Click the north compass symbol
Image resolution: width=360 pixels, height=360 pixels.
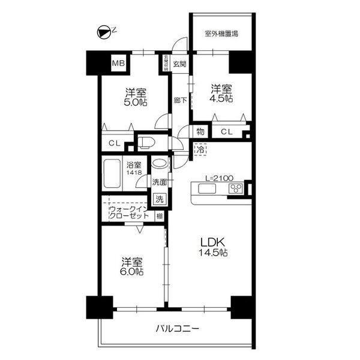[x=104, y=33]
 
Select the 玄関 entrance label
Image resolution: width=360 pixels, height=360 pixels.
[x=179, y=64]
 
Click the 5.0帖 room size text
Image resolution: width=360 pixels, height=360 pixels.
[x=136, y=102]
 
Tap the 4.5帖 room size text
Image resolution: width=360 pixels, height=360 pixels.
[x=221, y=97]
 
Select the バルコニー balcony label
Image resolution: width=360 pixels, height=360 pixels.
[x=177, y=329]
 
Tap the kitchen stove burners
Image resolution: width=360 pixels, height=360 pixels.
[x=236, y=190]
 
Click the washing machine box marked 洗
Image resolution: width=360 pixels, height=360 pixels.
[x=159, y=199]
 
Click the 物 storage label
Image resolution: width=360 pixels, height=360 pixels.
[x=200, y=131]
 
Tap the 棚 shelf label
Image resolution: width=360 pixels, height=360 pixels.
[x=159, y=217]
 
